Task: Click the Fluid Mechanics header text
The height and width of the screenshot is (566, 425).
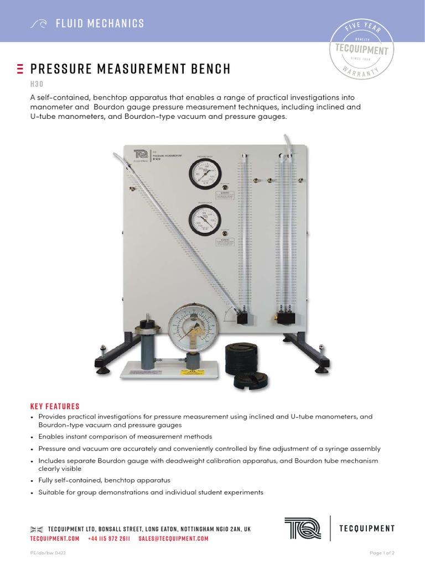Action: tap(100, 23)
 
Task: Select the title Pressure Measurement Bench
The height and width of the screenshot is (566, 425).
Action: tap(130, 69)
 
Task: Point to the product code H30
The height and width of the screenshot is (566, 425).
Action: tap(37, 84)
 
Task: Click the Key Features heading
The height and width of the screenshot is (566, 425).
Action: tap(55, 406)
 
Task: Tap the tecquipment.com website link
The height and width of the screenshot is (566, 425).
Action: tap(54, 538)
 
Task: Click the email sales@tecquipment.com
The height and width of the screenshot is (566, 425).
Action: tap(173, 538)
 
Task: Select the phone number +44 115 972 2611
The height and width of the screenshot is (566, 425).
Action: tap(108, 538)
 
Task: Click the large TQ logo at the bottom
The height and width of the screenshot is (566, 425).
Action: tap(302, 528)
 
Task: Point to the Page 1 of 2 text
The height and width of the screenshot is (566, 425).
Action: tap(382, 553)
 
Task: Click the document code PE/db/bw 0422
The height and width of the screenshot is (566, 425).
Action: tap(47, 553)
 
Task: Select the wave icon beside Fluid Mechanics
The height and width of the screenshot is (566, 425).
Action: tap(38, 24)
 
